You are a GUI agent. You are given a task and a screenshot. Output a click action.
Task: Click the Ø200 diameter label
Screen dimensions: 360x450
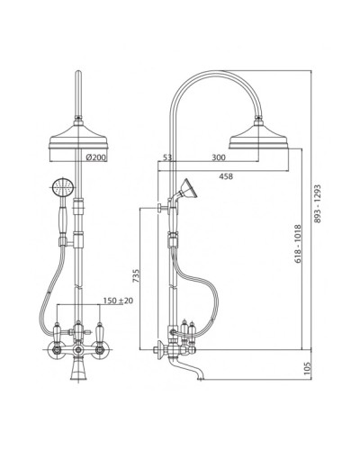click(x=95, y=157)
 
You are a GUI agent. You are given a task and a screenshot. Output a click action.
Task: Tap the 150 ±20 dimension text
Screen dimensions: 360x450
click(x=118, y=301)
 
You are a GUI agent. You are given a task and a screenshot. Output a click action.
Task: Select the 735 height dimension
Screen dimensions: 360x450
click(x=136, y=276)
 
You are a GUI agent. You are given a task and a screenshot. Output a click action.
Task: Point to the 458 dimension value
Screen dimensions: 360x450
click(x=226, y=176)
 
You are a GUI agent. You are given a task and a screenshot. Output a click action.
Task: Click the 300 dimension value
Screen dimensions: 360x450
click(x=219, y=157)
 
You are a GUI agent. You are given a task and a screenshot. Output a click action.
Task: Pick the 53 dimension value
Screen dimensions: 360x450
click(x=167, y=157)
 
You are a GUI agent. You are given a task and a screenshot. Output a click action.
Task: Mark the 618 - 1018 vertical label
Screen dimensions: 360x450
click(x=297, y=244)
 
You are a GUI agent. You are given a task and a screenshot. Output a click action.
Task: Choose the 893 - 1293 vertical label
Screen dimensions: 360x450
click(x=318, y=203)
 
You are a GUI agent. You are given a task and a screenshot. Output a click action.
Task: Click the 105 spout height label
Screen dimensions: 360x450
click(x=307, y=368)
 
